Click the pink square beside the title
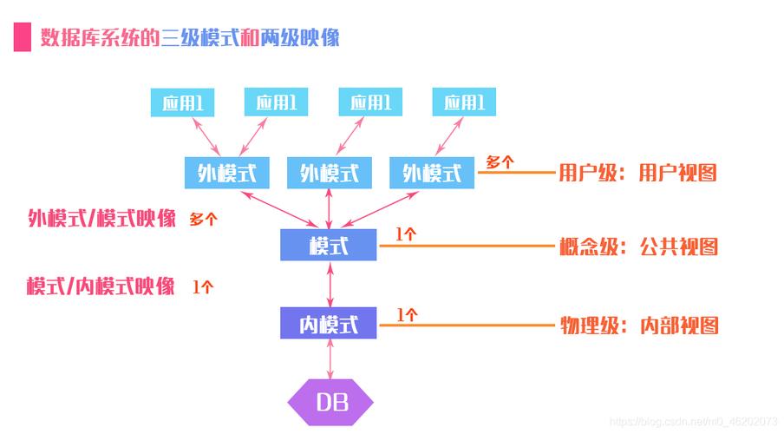click(22, 36)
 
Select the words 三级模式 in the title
click(200, 37)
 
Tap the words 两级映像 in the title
click(299, 37)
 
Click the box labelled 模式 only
click(328, 245)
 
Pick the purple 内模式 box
click(328, 323)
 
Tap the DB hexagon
click(330, 402)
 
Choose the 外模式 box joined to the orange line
click(432, 173)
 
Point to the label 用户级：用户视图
click(637, 173)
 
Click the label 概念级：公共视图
click(638, 247)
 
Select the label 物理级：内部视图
click(639, 325)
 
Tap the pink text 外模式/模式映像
click(102, 218)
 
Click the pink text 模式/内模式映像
click(101, 286)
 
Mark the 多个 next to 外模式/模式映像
click(203, 220)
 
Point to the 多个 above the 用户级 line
click(500, 161)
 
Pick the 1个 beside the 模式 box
click(406, 233)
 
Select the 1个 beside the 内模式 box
click(407, 315)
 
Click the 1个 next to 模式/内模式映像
click(203, 286)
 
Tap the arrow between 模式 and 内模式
click(330, 284)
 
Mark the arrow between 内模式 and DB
click(330, 358)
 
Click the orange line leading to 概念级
click(467, 246)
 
